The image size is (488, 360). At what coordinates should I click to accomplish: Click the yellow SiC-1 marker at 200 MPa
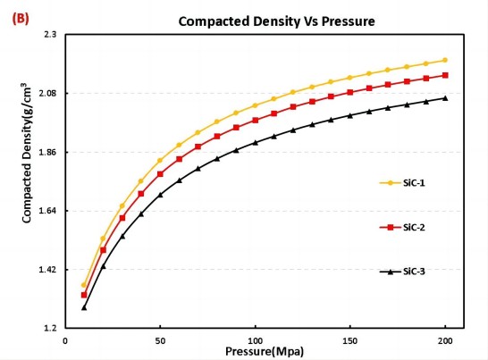click(445, 60)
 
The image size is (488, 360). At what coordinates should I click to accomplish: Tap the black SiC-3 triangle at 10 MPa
click(84, 307)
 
